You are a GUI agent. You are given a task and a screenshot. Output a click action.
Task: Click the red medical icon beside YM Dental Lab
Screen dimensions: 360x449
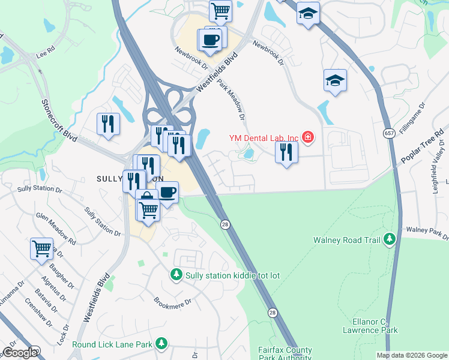308,137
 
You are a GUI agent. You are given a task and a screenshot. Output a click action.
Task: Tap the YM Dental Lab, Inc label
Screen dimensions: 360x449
263,138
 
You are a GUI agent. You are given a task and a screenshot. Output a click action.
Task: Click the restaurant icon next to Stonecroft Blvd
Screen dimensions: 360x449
108,124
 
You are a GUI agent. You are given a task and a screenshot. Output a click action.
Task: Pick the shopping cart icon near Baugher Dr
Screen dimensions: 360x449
41,248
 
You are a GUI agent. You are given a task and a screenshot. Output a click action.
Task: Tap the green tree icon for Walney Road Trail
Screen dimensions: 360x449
390,240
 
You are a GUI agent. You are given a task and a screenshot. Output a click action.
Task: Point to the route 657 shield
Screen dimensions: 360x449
388,131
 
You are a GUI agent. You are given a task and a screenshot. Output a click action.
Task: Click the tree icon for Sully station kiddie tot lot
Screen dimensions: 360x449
176,275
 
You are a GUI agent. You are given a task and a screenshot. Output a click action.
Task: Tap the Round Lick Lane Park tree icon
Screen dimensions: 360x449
161,344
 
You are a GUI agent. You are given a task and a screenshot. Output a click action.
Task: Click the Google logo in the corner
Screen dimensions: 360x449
20,353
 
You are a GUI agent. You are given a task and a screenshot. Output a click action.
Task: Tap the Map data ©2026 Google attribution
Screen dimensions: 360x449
411,355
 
